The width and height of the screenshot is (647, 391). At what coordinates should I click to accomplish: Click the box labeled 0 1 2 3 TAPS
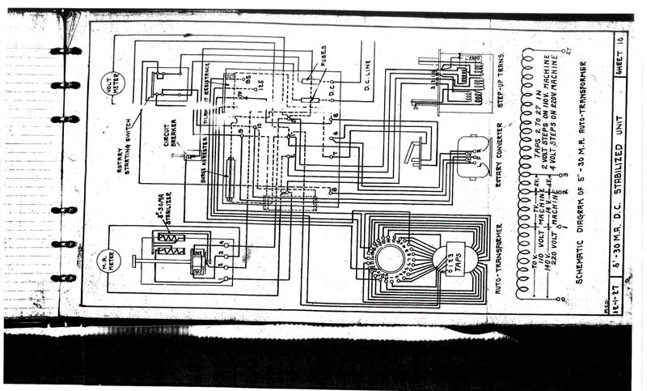[454, 258]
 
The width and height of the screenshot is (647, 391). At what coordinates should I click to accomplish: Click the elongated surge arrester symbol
[230, 178]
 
